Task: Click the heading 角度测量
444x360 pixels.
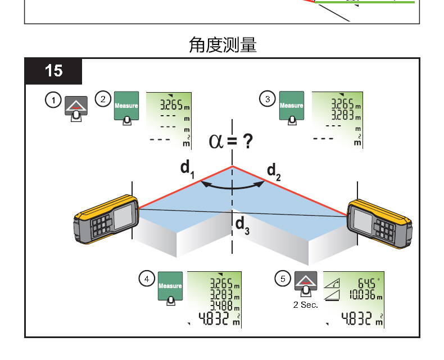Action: coord(223,45)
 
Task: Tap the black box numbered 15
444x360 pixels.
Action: coord(54,71)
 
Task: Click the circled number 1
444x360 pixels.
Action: coord(53,101)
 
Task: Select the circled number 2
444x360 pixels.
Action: coord(103,99)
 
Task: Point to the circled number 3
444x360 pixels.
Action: coord(268,99)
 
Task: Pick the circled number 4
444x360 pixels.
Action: coord(147,279)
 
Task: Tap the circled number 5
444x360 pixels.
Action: coord(283,279)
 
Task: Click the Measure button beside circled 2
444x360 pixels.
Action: coord(126,106)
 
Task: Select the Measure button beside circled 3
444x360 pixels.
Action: coord(291,106)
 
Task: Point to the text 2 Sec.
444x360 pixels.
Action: coord(305,305)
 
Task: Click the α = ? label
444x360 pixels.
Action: coord(230,140)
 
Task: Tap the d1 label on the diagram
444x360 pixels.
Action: coord(187,168)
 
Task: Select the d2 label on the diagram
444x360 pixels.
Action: coord(274,171)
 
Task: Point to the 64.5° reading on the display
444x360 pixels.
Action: coord(365,282)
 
